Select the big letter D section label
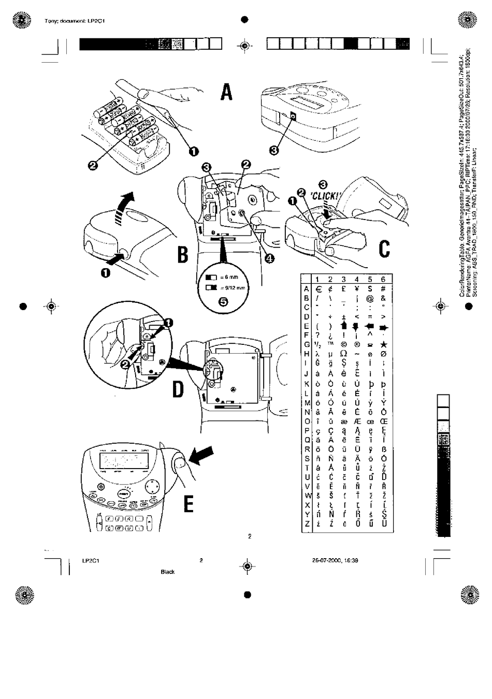pyautogui.click(x=178, y=389)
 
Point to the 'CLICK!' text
pyautogui.click(x=325, y=196)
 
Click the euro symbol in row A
pyautogui.click(x=318, y=289)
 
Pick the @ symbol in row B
pyautogui.click(x=370, y=298)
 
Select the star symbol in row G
pyautogui.click(x=383, y=344)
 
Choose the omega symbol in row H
pyautogui.click(x=343, y=354)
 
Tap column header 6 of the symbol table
pyautogui.click(x=383, y=279)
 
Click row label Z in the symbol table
pyautogui.click(x=307, y=524)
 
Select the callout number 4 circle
pyautogui.click(x=269, y=259)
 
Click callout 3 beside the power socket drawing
pyautogui.click(x=274, y=150)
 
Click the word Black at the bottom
pyautogui.click(x=168, y=572)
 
